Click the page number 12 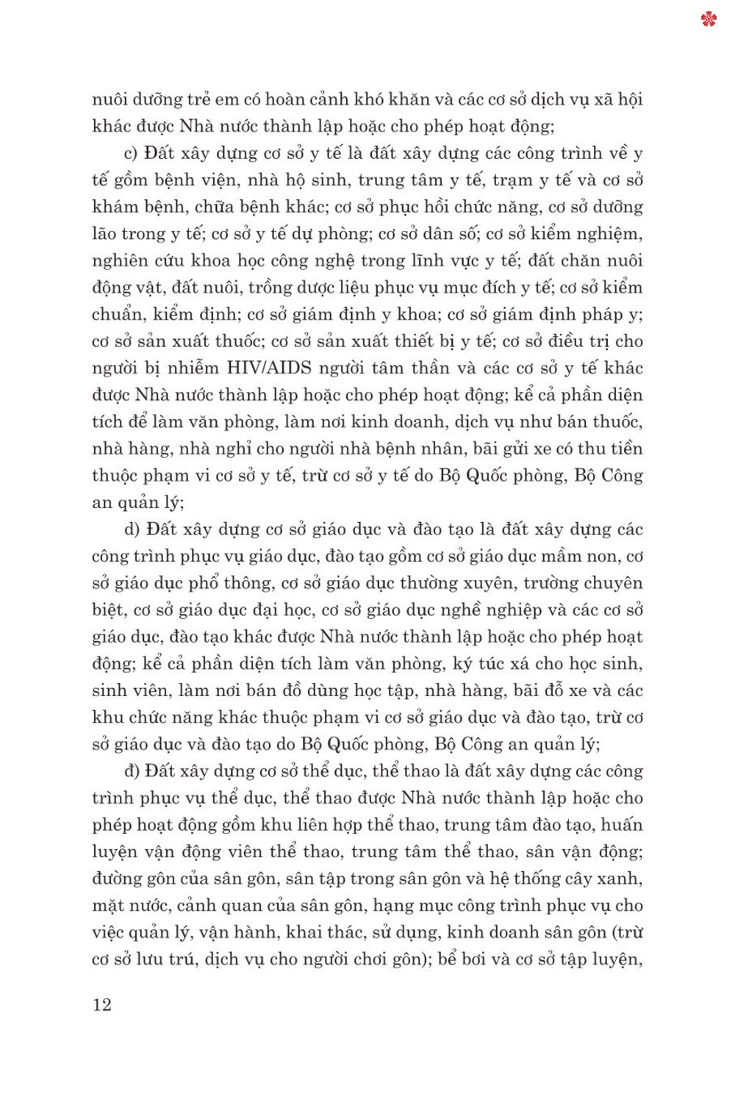click(102, 1004)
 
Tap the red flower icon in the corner click(709, 19)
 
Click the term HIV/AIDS click(269, 368)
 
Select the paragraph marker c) click(131, 153)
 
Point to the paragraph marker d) click(132, 529)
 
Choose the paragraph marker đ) click(132, 771)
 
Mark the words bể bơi click(464, 959)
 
